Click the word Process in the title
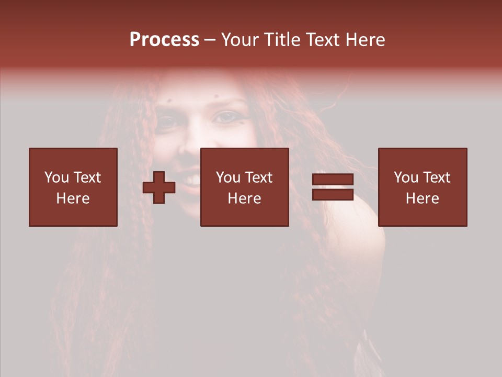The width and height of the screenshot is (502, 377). tap(164, 40)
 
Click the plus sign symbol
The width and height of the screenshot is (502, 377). tap(159, 187)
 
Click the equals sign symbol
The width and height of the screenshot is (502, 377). tap(333, 187)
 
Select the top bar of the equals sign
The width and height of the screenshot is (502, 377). tap(333, 180)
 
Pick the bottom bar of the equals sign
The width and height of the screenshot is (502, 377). tap(333, 194)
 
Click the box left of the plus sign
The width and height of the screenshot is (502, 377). tap(73, 187)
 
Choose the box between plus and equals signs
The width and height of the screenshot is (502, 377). tap(244, 187)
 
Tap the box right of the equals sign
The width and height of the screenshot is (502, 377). tap(423, 187)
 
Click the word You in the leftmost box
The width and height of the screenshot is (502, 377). tap(56, 178)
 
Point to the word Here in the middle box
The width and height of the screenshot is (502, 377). tap(244, 198)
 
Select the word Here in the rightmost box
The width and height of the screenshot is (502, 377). tap(423, 198)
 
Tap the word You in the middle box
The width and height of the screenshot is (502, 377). tap(227, 178)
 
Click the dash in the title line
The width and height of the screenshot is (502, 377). tap(210, 40)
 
